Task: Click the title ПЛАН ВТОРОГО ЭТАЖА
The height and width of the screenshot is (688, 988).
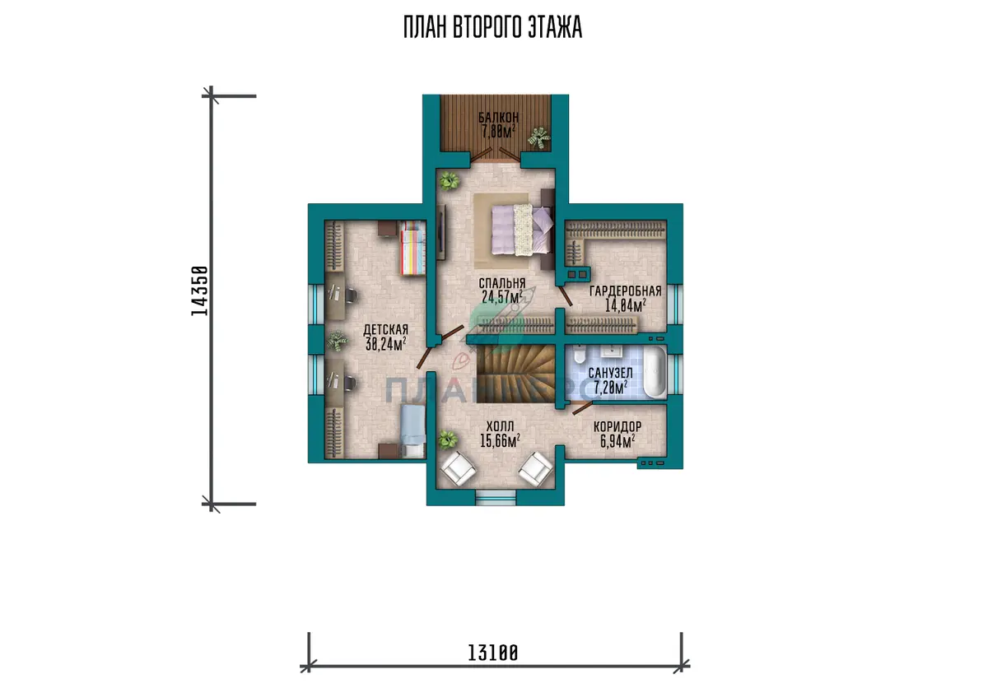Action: (x=492, y=27)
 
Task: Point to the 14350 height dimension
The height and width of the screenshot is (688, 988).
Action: (x=199, y=291)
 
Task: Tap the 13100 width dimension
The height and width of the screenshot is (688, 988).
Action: (x=492, y=653)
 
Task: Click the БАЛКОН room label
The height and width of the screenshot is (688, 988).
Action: (x=498, y=117)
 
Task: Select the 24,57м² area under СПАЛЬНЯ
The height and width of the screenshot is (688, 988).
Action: (x=502, y=296)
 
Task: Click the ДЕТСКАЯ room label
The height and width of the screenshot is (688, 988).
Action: (x=385, y=330)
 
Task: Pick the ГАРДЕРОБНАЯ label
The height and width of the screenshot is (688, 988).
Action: (x=626, y=291)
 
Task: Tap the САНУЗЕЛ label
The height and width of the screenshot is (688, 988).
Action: (x=610, y=373)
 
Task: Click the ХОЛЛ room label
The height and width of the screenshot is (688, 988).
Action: (x=500, y=426)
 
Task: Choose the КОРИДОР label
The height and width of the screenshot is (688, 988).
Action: (x=617, y=426)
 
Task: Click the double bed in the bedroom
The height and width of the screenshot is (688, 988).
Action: (x=523, y=230)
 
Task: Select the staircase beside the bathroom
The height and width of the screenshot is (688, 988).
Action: (x=515, y=374)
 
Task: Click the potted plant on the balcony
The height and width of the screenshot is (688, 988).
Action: (x=539, y=138)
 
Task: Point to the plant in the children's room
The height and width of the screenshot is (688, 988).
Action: (x=338, y=341)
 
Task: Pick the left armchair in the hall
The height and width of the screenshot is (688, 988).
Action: (x=459, y=468)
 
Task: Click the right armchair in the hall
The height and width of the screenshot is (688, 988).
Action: (x=535, y=468)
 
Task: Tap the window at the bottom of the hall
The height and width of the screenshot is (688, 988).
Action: (x=496, y=497)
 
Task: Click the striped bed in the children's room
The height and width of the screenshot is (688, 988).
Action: (x=412, y=249)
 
